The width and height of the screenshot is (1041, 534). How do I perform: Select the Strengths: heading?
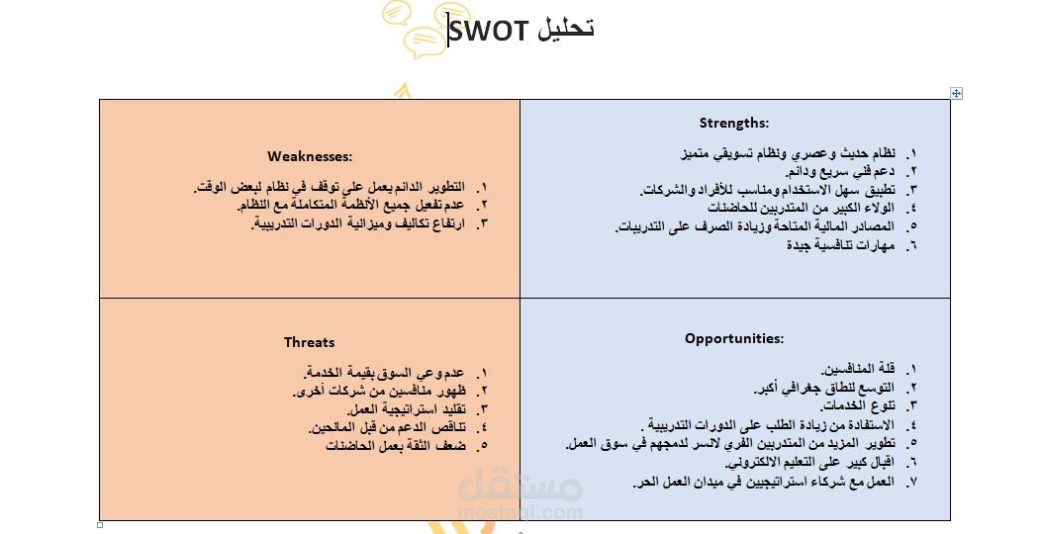point(734,123)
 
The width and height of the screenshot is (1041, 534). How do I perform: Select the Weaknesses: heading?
point(310,156)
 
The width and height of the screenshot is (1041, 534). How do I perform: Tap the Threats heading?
point(309,342)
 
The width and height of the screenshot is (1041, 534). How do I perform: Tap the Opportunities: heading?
point(734,338)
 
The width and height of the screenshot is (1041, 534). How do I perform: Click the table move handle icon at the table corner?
point(956,93)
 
